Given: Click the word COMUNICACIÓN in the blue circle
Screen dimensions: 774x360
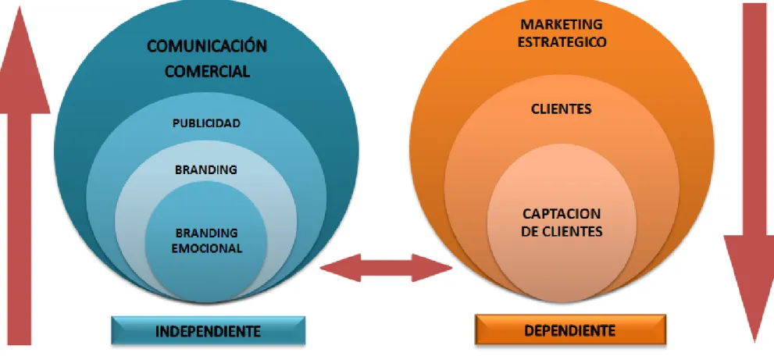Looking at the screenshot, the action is [207, 46].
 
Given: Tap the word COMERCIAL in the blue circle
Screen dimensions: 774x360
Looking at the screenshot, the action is [207, 71].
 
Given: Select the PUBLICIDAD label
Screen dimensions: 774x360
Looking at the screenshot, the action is [206, 123].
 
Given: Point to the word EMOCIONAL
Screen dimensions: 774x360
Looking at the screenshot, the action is [207, 248].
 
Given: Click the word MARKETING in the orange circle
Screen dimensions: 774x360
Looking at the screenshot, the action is [562, 24].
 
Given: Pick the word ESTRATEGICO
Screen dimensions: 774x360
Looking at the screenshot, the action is [562, 42].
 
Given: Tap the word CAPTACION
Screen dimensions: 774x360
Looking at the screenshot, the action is [562, 214].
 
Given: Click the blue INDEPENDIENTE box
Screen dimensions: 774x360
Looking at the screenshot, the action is [209, 330].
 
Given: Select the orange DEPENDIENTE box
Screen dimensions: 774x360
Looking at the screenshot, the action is [570, 330].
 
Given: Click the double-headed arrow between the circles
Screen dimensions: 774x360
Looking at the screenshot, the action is [386, 268].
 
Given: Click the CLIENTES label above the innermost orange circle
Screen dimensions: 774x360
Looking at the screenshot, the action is [562, 109].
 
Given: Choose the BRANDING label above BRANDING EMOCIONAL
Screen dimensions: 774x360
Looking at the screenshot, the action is [206, 170].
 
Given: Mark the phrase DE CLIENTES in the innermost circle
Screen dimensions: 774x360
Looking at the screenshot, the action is [562, 231].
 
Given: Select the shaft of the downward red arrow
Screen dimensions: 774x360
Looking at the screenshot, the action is [754, 119].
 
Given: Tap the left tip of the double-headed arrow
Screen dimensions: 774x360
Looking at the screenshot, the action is [320, 268].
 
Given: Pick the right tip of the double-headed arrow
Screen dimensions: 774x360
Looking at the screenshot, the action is [452, 268].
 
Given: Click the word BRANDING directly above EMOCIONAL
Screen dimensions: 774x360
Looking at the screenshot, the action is [207, 233].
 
